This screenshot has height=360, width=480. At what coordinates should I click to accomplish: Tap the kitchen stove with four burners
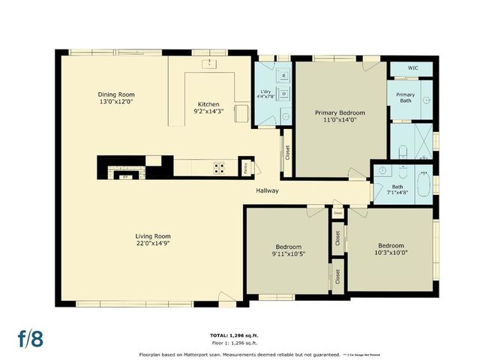click(x=219, y=167)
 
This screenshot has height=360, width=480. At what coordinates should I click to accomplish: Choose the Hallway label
click(x=266, y=190)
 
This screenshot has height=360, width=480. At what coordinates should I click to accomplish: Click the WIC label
click(x=412, y=68)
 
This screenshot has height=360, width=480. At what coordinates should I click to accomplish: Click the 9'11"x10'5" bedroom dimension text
click(x=288, y=253)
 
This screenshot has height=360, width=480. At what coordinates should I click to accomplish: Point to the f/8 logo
click(x=30, y=337)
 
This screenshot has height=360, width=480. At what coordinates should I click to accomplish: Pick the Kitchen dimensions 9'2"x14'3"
click(x=208, y=111)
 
